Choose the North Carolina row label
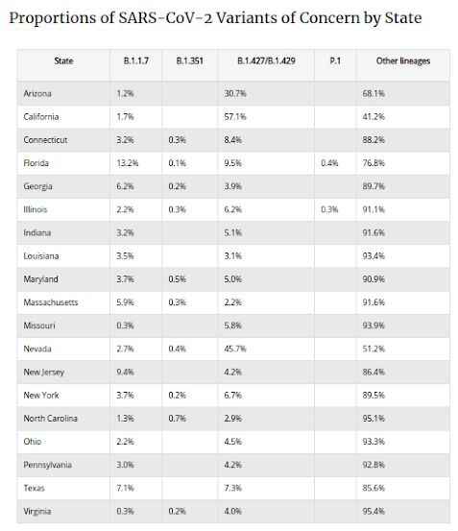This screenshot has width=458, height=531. coord(51,419)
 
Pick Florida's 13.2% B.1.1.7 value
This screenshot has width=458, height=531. coord(128,163)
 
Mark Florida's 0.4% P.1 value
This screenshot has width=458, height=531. coord(329,163)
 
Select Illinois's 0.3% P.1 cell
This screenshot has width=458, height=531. coord(329,209)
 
